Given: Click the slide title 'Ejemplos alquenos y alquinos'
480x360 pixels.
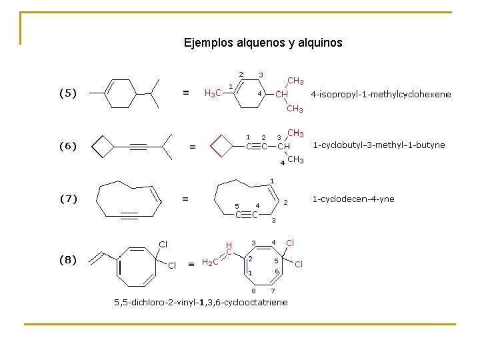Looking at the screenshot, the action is tap(263, 43).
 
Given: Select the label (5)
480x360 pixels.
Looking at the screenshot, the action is tap(68, 94).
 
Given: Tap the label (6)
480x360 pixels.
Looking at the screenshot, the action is tap(68, 146).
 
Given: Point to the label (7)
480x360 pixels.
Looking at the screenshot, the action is tap(68, 199).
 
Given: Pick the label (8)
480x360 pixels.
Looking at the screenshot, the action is tap(68, 260).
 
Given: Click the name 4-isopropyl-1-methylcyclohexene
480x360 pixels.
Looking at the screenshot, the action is tap(381, 94).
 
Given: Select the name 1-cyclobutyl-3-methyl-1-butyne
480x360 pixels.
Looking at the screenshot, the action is tap(379, 145).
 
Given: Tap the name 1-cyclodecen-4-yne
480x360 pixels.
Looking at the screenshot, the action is tap(353, 199).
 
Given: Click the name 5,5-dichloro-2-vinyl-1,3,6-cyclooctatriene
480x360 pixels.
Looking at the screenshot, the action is tap(201, 302).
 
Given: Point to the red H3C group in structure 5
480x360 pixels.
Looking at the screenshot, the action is tap(213, 93).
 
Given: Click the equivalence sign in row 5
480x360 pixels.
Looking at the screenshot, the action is tap(187, 93).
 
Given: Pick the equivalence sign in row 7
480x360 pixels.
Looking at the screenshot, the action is tap(186, 199).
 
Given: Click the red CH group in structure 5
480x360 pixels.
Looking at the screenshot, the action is tap(282, 94).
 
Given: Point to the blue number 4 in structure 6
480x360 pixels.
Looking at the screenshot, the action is tap(282, 162).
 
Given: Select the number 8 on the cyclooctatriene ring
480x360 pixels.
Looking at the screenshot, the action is tap(253, 291).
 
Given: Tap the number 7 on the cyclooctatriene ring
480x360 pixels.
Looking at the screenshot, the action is tap(273, 291).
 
